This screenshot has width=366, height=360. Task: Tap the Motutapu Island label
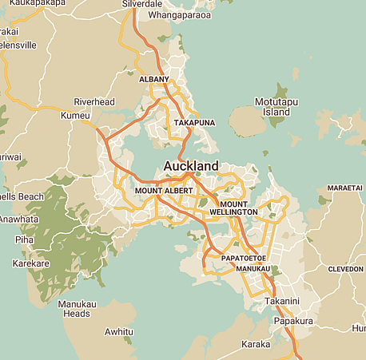pos(271,107)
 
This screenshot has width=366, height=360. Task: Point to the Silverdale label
pos(141,4)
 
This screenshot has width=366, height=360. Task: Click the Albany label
pos(154,80)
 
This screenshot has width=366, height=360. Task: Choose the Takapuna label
pos(196,122)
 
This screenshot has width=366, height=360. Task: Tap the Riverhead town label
pos(94,101)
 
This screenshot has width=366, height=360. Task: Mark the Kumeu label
pos(76,117)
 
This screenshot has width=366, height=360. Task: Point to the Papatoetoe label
pos(237,259)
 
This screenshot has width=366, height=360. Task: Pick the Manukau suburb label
pos(254,270)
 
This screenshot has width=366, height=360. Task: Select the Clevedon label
pos(345,269)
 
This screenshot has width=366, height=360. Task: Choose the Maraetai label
pos(344,187)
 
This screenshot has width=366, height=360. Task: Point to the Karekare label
pos(30,263)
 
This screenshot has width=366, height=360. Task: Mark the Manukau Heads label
pos(77,308)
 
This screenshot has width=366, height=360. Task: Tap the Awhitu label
pos(118,331)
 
